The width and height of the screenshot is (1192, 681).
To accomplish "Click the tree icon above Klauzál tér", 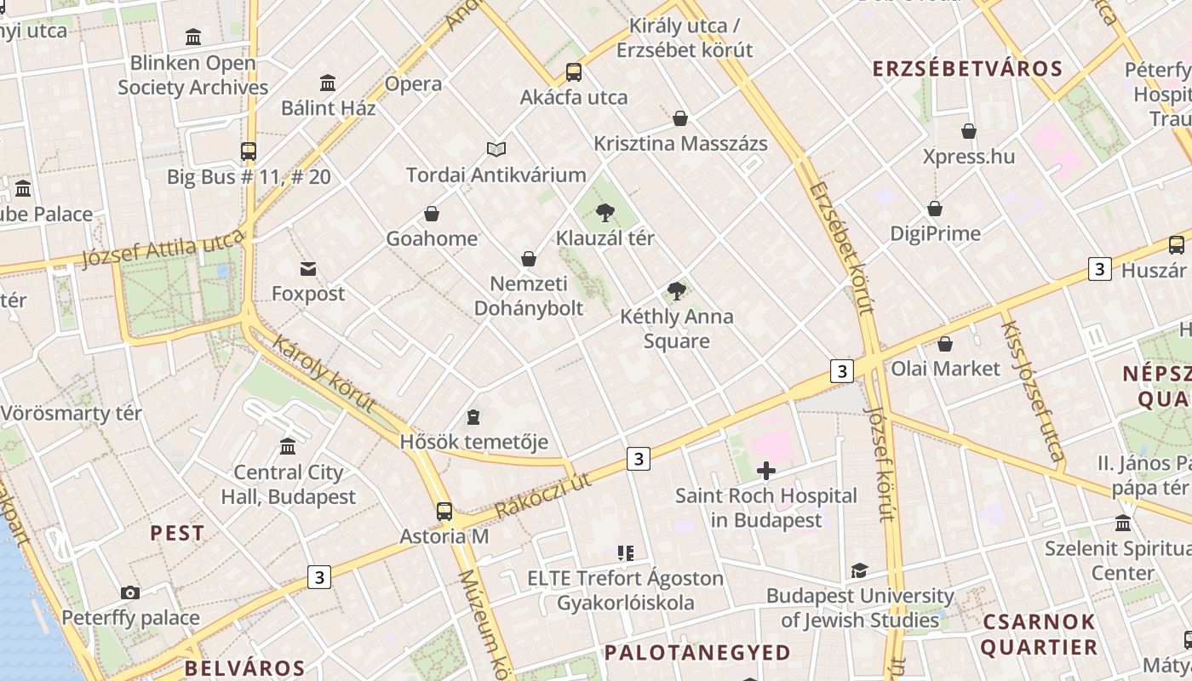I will pos(605,212).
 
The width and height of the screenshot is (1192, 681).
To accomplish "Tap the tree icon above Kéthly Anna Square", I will pos(677,291).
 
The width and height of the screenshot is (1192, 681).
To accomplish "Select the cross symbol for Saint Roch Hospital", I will pos(766,470).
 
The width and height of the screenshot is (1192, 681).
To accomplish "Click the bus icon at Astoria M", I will pos(444,511).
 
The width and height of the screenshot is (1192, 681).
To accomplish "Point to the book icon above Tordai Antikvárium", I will pos(496,149).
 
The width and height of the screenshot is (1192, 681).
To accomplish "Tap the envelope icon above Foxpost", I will pos(308,269).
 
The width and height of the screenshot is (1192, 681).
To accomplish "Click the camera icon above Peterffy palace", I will pos(130,592).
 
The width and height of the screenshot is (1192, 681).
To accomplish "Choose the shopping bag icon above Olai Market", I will pos(945,344).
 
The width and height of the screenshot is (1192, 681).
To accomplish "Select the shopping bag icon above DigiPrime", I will pos(935,209).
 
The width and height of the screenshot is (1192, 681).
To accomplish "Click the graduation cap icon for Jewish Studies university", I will pos(859,570).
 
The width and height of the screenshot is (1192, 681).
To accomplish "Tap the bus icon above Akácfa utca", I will pos(574,72).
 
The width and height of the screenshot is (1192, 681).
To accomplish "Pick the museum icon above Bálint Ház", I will pos(328,83).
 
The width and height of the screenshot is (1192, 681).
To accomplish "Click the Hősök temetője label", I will pos(474,443).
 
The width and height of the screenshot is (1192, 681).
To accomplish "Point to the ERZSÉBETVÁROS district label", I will pos(969,69).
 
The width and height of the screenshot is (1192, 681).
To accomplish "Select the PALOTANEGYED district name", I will pos(697,653).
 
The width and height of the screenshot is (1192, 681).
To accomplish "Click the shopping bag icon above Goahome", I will pos(432,213).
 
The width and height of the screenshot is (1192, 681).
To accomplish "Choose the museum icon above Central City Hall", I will pos(288,446).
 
